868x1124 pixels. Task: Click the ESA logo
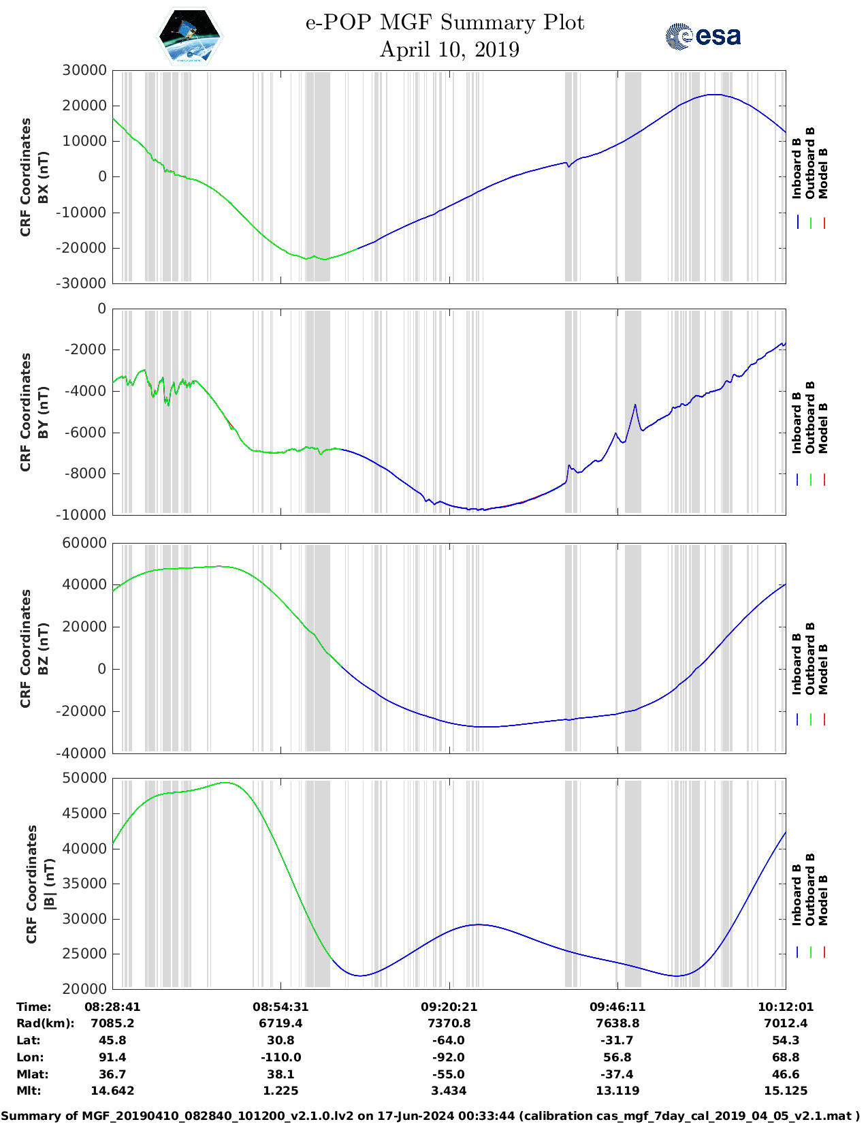pos(703,35)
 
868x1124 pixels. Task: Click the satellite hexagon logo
pos(189,35)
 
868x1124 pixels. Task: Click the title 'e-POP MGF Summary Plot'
pos(445,22)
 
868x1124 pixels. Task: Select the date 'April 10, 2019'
pos(449,50)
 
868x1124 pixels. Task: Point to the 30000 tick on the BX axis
pos(84,70)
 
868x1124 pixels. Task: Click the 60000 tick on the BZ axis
pos(84,543)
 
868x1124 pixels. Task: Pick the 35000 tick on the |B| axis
pos(84,884)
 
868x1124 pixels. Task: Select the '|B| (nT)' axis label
pos(49,884)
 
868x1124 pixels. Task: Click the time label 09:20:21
pos(449,1007)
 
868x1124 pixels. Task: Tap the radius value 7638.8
pos(617,1023)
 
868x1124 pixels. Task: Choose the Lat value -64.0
pos(449,1040)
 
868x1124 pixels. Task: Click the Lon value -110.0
pos(280,1057)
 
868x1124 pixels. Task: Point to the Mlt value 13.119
pos(617,1091)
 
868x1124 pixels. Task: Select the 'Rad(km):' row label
pos(45,1023)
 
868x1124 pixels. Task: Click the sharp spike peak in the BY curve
pos(635,405)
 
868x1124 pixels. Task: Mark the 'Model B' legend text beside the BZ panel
pos(823,669)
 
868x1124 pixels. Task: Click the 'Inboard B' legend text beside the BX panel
pos(797,168)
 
